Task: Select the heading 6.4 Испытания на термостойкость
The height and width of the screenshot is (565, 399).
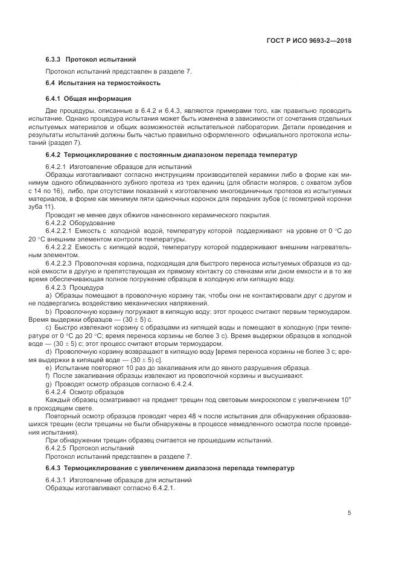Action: point(103,83)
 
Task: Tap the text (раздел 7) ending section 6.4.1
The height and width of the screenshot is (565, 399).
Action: point(65,143)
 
